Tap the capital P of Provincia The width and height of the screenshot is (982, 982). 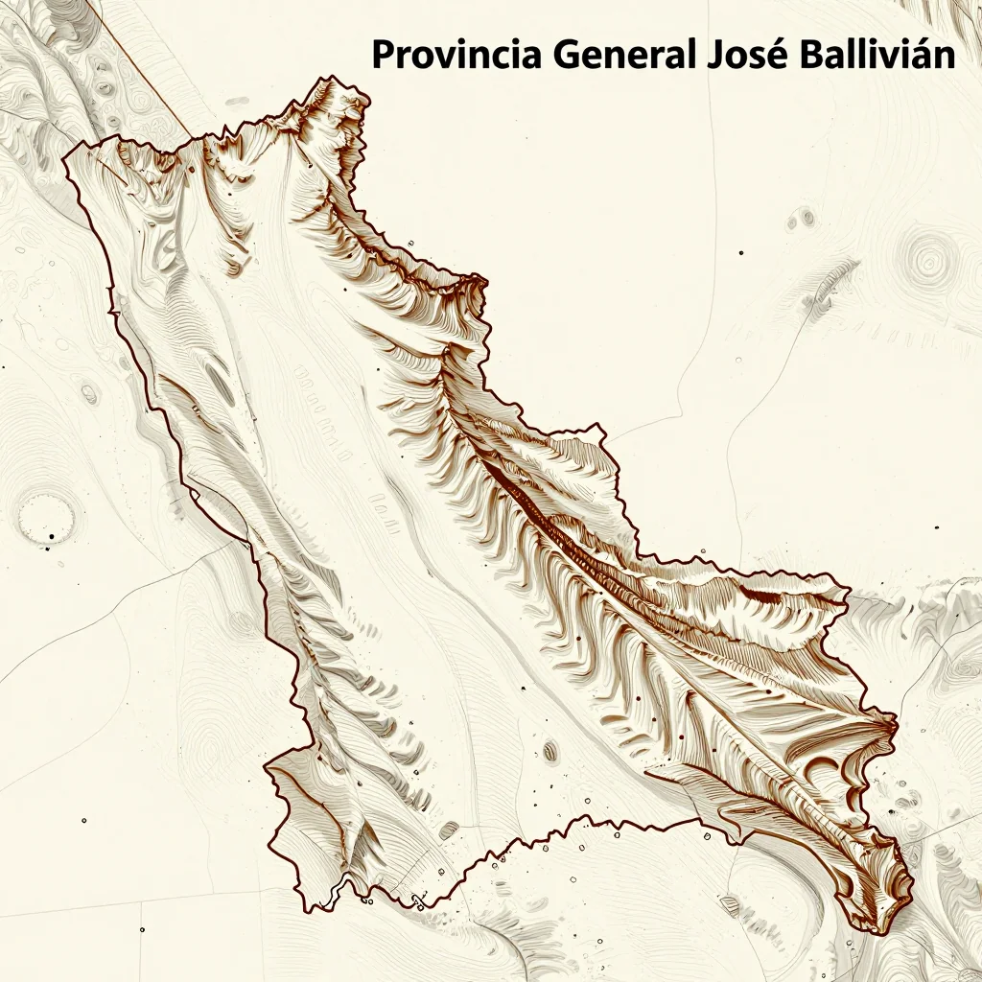[383, 55]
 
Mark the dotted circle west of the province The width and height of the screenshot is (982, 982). [45, 518]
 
